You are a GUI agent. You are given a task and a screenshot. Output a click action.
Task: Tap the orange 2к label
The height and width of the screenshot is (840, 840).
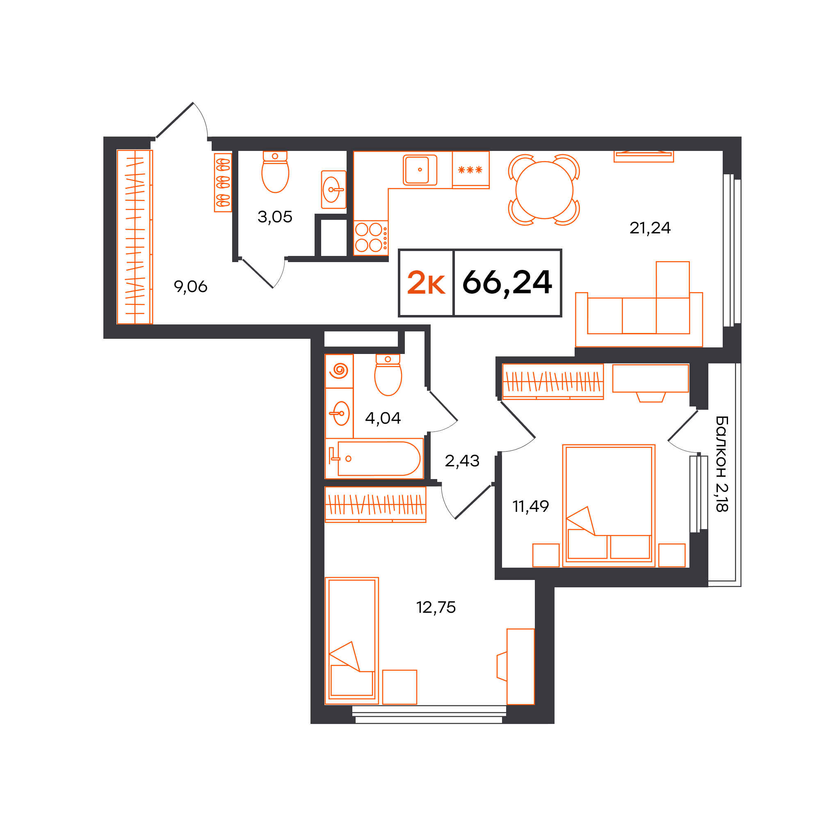coord(426,283)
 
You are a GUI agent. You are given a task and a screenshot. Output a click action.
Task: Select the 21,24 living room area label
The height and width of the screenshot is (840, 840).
coord(650,228)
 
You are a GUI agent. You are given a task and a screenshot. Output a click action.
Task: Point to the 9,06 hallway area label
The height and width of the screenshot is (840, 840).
coord(190,287)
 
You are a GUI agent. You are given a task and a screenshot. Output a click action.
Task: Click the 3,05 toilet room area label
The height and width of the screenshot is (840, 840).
coord(275,217)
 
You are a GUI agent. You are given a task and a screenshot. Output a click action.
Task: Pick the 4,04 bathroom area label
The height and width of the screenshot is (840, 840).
coord(383,418)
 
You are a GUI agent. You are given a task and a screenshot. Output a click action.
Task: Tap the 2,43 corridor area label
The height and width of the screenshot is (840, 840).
coord(462,461)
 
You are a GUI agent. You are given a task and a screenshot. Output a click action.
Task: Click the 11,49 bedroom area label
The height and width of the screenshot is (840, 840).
coord(530,506)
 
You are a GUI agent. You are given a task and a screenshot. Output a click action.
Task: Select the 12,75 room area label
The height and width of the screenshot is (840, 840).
coord(436,607)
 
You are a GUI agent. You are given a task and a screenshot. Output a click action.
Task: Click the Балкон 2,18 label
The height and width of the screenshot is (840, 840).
coord(722,464)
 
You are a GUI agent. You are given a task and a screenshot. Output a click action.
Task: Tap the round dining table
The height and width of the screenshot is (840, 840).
coord(544,190)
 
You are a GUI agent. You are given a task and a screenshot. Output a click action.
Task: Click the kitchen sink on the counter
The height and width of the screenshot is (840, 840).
coord(420,170)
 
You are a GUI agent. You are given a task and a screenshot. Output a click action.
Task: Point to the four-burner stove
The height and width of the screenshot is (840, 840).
coord(371,237)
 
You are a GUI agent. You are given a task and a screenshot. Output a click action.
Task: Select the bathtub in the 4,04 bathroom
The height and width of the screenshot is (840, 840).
coord(374,459)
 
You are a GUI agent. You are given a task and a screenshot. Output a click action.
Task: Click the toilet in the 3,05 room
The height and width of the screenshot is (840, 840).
coord(275,172)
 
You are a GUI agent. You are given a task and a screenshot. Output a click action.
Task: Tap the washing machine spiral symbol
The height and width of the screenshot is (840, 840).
coord(339,371)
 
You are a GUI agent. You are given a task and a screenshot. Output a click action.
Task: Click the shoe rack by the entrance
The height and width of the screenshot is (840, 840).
coord(223,183)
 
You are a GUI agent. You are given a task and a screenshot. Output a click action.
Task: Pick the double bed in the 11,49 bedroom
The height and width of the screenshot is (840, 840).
coord(608,506)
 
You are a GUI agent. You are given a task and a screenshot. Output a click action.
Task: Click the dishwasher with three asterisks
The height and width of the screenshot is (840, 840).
coord(470,169)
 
